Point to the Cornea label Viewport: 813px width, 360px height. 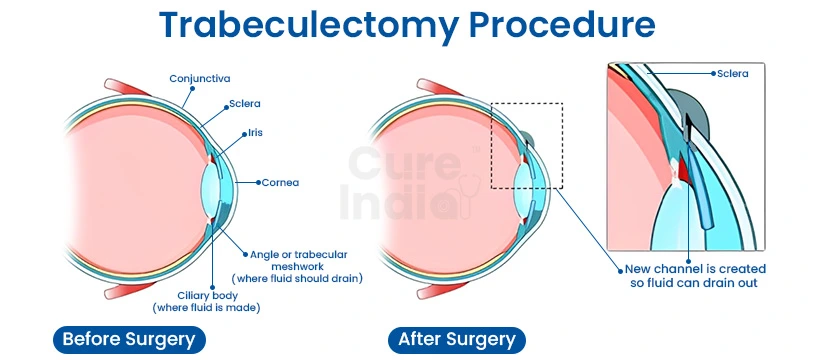pos(281,183)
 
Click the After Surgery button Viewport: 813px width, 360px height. pos(457,339)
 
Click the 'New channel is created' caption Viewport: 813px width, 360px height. pos(695,269)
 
